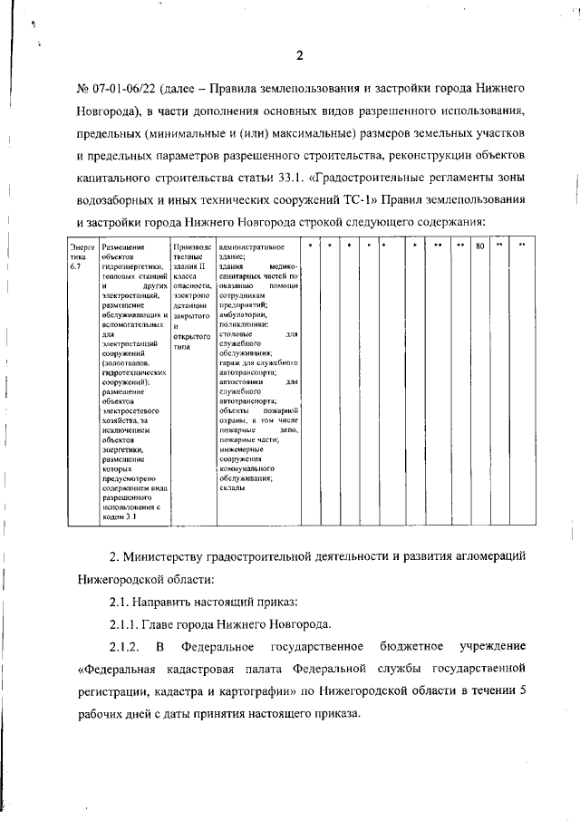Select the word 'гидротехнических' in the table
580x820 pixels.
133,372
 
